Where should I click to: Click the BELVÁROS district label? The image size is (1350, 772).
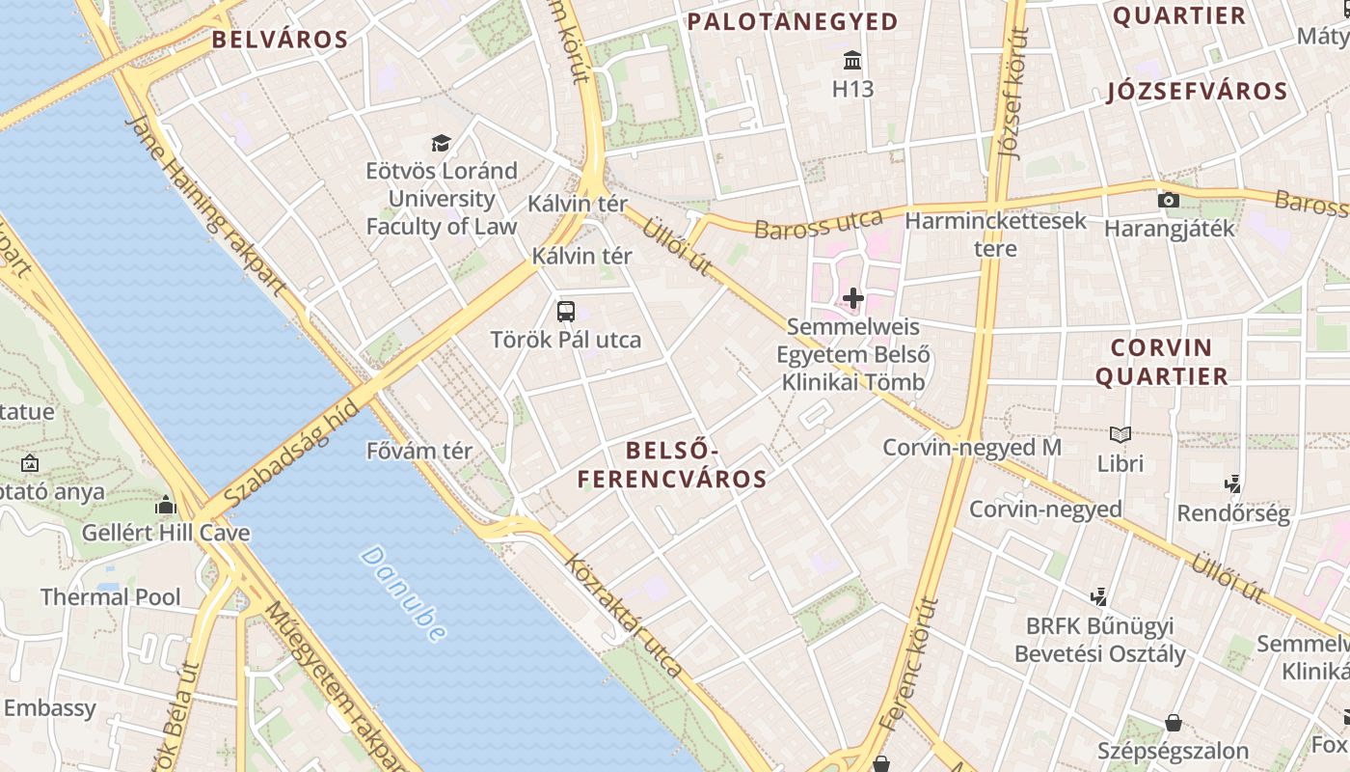click(280, 40)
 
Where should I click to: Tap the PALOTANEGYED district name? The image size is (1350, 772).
click(792, 21)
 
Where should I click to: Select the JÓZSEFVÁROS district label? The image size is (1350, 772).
click(1197, 92)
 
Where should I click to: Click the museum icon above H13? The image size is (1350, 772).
click(853, 62)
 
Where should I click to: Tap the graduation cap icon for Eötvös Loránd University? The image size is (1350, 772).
click(441, 144)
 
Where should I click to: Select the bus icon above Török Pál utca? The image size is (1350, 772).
click(566, 312)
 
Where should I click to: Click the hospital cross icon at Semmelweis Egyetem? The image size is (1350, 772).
click(853, 298)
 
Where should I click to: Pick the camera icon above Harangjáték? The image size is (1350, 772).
click(1169, 200)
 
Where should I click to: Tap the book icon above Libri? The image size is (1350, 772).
click(1120, 435)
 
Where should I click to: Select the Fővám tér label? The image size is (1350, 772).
click(419, 451)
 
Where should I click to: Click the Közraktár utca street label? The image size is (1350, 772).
click(624, 615)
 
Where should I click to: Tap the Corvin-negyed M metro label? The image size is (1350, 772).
click(972, 448)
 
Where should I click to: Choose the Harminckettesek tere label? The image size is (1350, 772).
click(995, 234)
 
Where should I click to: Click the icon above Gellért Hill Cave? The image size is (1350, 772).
click(166, 505)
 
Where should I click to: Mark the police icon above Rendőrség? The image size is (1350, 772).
click(1232, 484)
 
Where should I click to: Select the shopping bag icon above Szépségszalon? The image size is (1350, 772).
click(1174, 723)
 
